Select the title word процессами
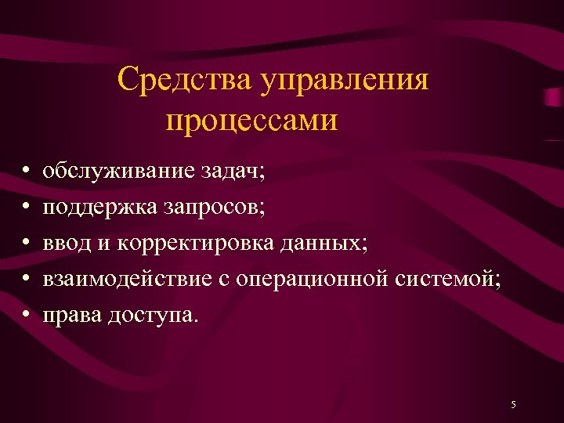click(252, 121)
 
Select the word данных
click(328, 243)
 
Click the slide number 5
click(512, 404)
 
